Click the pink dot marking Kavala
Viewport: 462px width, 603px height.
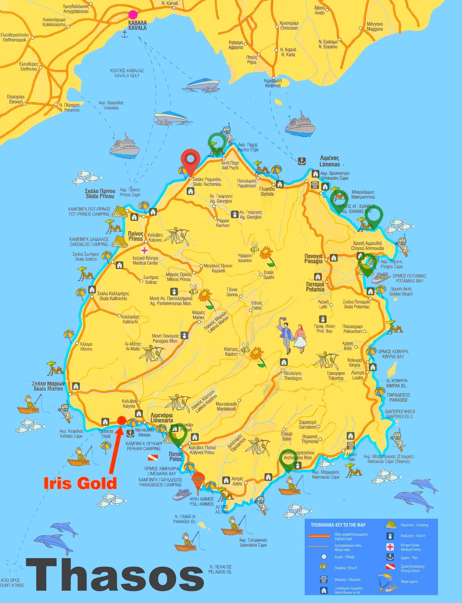133,15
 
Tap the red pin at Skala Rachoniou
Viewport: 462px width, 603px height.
190,159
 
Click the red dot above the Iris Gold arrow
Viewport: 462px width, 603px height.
122,420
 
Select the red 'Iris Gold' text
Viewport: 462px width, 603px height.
80,483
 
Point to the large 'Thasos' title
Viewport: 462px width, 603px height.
115,575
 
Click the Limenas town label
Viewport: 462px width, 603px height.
329,161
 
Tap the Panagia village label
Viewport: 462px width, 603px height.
313,259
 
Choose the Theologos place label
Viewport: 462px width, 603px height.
293,376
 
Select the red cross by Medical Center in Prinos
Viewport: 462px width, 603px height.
144,250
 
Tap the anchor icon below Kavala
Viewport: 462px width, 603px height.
125,35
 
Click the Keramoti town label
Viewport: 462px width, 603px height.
273,83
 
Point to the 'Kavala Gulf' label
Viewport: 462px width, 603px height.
127,73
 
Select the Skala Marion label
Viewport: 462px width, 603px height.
48,386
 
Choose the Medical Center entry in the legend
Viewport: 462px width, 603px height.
411,547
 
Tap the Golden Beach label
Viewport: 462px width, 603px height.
401,291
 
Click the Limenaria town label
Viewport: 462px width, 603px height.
161,418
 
